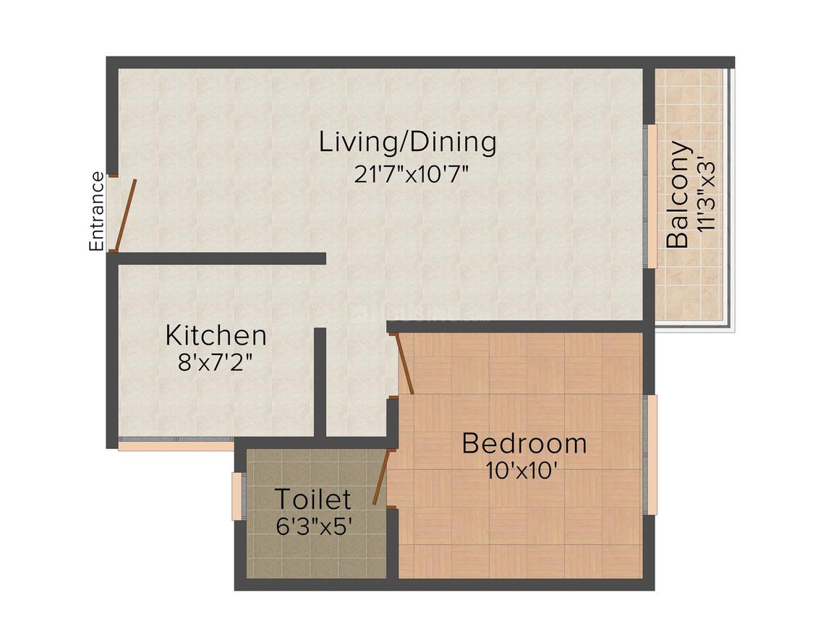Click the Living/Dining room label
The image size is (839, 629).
coord(408,142)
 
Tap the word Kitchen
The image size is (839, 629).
coord(216,335)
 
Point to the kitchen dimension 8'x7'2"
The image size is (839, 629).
coord(216,361)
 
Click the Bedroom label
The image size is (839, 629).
coord(524,442)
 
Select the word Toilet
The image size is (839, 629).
coord(312,500)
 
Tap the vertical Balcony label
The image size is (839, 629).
coord(678,195)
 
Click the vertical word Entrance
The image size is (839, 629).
coord(95,211)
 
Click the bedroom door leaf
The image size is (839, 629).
coord(405,365)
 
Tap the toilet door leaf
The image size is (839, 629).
coord(382,476)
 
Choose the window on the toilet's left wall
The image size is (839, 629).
coord(237,496)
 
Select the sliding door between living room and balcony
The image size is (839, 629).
coord(650,197)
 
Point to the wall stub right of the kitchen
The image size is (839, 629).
coord(320,382)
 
